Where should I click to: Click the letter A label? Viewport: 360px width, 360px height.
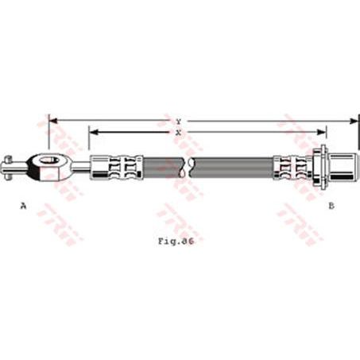coord(23,206)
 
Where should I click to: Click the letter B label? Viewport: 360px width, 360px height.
coord(331,206)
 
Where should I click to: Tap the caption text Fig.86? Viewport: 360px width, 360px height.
coord(176,240)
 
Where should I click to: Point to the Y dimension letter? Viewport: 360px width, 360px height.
coord(179,121)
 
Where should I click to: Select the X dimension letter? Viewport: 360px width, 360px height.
coord(179,132)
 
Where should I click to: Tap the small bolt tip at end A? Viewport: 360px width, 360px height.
coord(6,166)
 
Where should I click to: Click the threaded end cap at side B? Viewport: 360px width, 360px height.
coord(343,166)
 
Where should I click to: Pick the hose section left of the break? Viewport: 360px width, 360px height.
coord(163,167)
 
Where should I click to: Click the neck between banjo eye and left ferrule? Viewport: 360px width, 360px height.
coord(82,166)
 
